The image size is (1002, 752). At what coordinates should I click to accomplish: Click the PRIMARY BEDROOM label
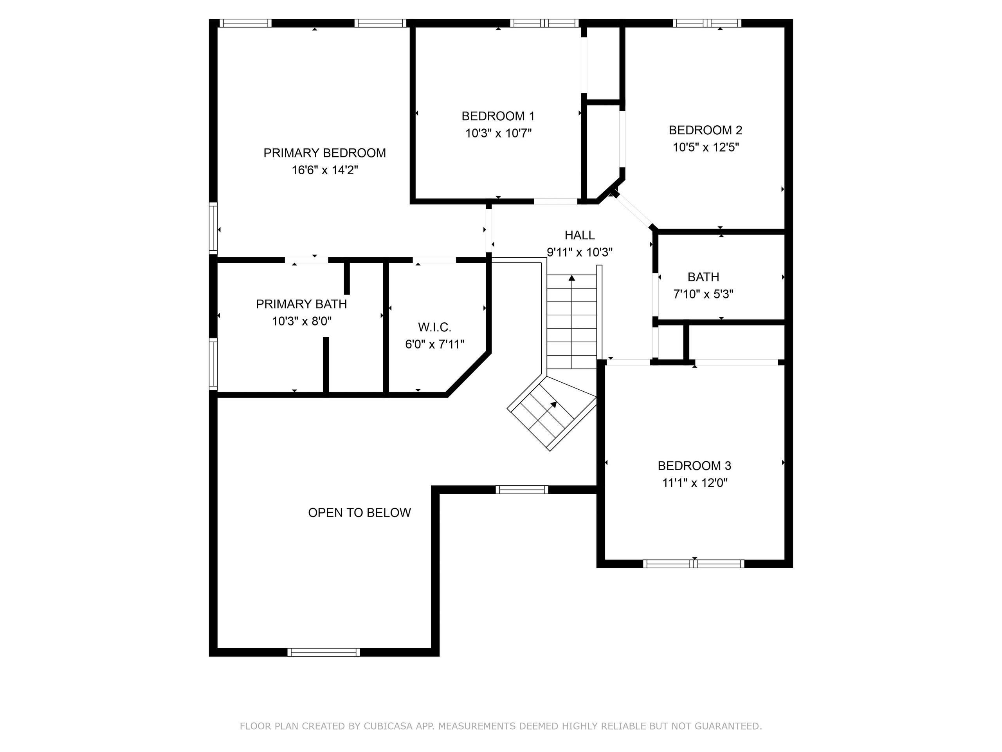click(324, 153)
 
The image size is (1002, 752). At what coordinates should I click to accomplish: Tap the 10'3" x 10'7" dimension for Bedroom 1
click(498, 133)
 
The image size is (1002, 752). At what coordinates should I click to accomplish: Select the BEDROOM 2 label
click(705, 130)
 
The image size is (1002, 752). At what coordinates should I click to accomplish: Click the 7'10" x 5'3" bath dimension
click(703, 294)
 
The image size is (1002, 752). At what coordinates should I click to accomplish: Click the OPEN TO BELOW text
click(359, 513)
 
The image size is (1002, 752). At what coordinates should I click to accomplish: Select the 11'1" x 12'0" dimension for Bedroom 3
click(694, 483)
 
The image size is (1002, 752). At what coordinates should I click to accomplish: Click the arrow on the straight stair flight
click(572, 278)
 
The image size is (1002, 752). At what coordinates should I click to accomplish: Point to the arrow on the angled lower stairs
click(553, 404)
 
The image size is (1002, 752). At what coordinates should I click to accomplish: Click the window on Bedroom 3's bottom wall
click(694, 564)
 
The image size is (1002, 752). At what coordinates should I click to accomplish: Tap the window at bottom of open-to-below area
click(323, 652)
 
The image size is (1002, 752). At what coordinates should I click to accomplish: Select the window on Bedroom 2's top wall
click(706, 23)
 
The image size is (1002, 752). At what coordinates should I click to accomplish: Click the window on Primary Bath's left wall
click(213, 364)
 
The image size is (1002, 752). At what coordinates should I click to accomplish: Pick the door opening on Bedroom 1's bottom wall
click(555, 201)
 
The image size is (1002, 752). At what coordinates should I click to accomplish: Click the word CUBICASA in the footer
click(388, 726)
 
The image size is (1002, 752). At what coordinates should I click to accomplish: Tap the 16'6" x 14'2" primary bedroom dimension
click(324, 170)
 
